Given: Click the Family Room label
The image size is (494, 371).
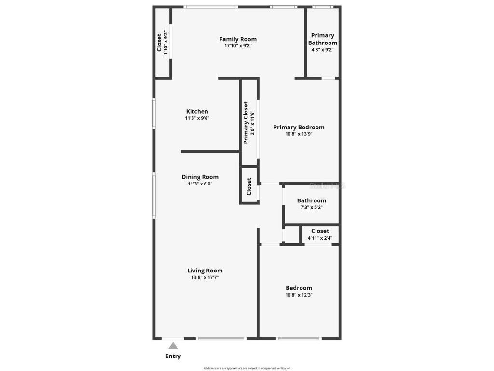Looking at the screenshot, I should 238,39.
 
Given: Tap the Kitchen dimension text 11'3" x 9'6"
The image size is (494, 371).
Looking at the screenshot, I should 197,118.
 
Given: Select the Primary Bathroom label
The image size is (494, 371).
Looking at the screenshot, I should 323,39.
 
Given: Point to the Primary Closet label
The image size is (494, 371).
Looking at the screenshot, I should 246,123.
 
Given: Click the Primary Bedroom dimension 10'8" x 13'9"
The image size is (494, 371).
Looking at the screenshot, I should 299,134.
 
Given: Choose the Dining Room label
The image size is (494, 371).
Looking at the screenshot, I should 200,177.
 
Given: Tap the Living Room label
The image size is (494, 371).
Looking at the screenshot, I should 205,271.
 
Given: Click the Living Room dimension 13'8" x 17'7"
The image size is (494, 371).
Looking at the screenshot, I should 205,277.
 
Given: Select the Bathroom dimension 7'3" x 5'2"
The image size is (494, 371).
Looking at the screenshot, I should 311,207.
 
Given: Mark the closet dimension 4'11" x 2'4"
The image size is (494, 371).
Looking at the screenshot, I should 320,238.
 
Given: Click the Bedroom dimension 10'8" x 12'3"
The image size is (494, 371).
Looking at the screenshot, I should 299,295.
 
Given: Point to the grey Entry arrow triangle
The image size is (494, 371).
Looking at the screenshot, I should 173,345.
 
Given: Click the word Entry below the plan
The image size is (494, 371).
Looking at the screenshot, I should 173,357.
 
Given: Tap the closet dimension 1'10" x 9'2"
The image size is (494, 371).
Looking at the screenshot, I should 166,43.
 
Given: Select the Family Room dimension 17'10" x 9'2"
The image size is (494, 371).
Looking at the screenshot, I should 238,46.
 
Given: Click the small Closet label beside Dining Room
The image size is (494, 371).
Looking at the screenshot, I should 249,186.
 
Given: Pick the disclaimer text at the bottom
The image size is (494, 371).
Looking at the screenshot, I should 247,368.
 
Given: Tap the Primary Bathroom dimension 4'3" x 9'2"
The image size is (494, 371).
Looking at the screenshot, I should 323,49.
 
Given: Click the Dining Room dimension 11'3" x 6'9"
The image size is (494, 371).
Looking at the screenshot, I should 200,184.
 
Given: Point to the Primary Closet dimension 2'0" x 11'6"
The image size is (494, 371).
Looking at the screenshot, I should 252,123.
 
